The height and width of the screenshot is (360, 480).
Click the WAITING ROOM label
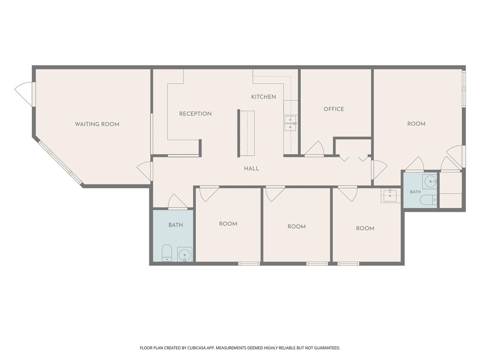point(97,124)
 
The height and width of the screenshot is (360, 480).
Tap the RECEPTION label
point(195,114)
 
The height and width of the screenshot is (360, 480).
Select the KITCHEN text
point(263,97)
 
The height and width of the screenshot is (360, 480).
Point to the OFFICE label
point(334,109)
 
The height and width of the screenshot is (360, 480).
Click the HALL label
point(252,168)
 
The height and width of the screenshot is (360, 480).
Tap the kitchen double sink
point(290,123)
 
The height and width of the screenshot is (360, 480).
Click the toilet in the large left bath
point(167,253)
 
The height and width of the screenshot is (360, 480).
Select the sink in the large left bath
point(184,254)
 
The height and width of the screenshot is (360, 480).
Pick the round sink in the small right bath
point(429,181)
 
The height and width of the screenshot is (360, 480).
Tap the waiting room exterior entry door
point(24,94)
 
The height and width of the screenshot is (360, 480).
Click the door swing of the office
point(315,148)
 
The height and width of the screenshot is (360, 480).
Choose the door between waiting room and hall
point(144,171)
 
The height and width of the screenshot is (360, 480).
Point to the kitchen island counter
point(247,133)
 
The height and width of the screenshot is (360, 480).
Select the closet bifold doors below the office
point(354,158)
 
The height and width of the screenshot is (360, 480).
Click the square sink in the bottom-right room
point(390,195)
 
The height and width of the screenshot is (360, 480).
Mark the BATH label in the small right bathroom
point(415,192)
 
